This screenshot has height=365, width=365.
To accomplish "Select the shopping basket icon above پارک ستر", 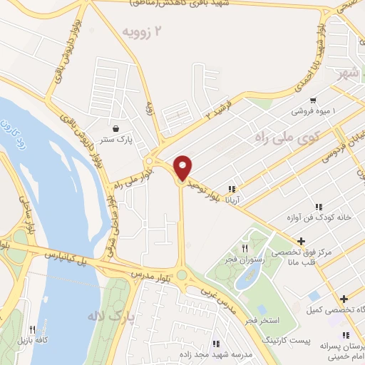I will (115, 130).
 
